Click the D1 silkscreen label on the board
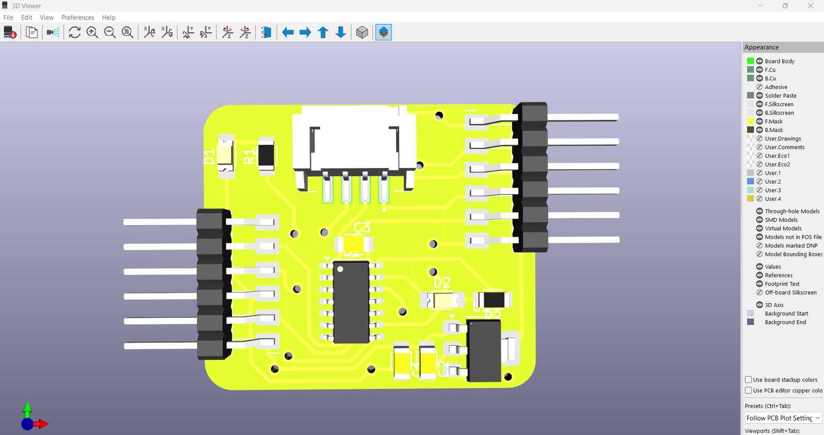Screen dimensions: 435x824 pyautogui.click(x=209, y=157)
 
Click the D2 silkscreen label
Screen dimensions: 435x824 pyautogui.click(x=442, y=282)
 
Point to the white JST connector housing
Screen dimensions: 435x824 pyautogui.click(x=354, y=137)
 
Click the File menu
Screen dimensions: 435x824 pyautogui.click(x=8, y=18)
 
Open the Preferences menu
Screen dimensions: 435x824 pyautogui.click(x=78, y=18)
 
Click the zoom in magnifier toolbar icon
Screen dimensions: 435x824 pyautogui.click(x=92, y=32)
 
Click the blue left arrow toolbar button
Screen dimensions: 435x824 pyautogui.click(x=288, y=32)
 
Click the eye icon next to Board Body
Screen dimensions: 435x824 pyautogui.click(x=759, y=61)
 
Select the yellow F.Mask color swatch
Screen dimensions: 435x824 pyautogui.click(x=750, y=121)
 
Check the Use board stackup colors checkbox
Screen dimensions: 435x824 pyautogui.click(x=748, y=379)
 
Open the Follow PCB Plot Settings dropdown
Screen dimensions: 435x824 pyautogui.click(x=783, y=418)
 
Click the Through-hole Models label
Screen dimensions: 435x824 pyautogui.click(x=792, y=211)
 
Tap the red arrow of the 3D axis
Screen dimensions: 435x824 pyautogui.click(x=42, y=424)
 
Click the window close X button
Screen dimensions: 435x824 pyautogui.click(x=810, y=6)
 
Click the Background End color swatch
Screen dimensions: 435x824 pyautogui.click(x=750, y=322)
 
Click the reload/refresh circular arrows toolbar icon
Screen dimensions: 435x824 pyautogui.click(x=75, y=32)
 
